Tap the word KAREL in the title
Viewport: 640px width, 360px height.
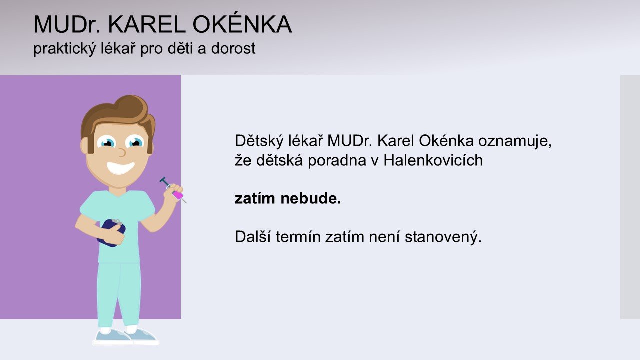[x=147, y=24]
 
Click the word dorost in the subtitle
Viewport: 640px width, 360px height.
[x=233, y=48]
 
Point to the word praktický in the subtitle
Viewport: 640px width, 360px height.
[x=64, y=49]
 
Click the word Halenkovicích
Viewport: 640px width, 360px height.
[x=433, y=160]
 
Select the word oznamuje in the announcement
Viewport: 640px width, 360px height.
[x=515, y=141]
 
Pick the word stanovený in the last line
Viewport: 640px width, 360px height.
[x=443, y=237]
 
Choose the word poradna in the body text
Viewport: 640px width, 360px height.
[x=337, y=161]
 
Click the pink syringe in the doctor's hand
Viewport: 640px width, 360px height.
[x=173, y=190]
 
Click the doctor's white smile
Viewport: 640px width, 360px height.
[x=121, y=168]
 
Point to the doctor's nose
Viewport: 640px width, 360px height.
[x=122, y=153]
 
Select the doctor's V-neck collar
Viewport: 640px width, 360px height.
[x=118, y=193]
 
